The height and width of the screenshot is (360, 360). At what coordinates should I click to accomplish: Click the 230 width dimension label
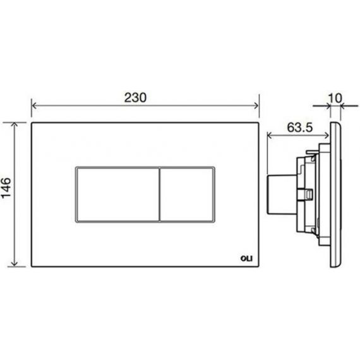(135, 97)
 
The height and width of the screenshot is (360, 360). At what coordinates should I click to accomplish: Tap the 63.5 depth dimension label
(299, 128)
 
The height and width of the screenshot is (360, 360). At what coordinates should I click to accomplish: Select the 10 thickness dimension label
(335, 99)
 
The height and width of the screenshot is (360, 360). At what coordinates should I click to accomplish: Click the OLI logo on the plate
(246, 258)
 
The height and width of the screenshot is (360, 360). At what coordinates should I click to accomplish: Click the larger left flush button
(117, 195)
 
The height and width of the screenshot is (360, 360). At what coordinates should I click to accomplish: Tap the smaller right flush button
(186, 195)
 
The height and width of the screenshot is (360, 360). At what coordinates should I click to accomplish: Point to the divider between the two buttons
(159, 195)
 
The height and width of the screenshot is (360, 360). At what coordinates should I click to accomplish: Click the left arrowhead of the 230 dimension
(33, 106)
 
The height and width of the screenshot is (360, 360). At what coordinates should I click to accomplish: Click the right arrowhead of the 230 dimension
(256, 106)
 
